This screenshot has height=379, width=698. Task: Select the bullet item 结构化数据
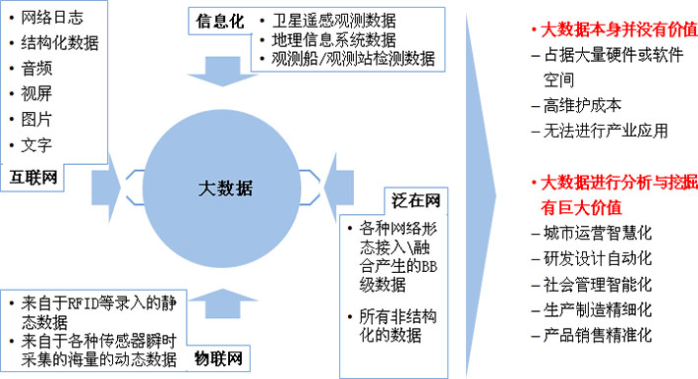(59, 44)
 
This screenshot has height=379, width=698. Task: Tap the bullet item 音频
(37, 70)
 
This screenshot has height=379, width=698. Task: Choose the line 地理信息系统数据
(335, 39)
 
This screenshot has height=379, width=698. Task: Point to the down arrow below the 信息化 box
(223, 70)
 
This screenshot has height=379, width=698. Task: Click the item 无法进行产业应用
(605, 130)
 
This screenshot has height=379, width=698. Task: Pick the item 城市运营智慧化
(598, 234)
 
